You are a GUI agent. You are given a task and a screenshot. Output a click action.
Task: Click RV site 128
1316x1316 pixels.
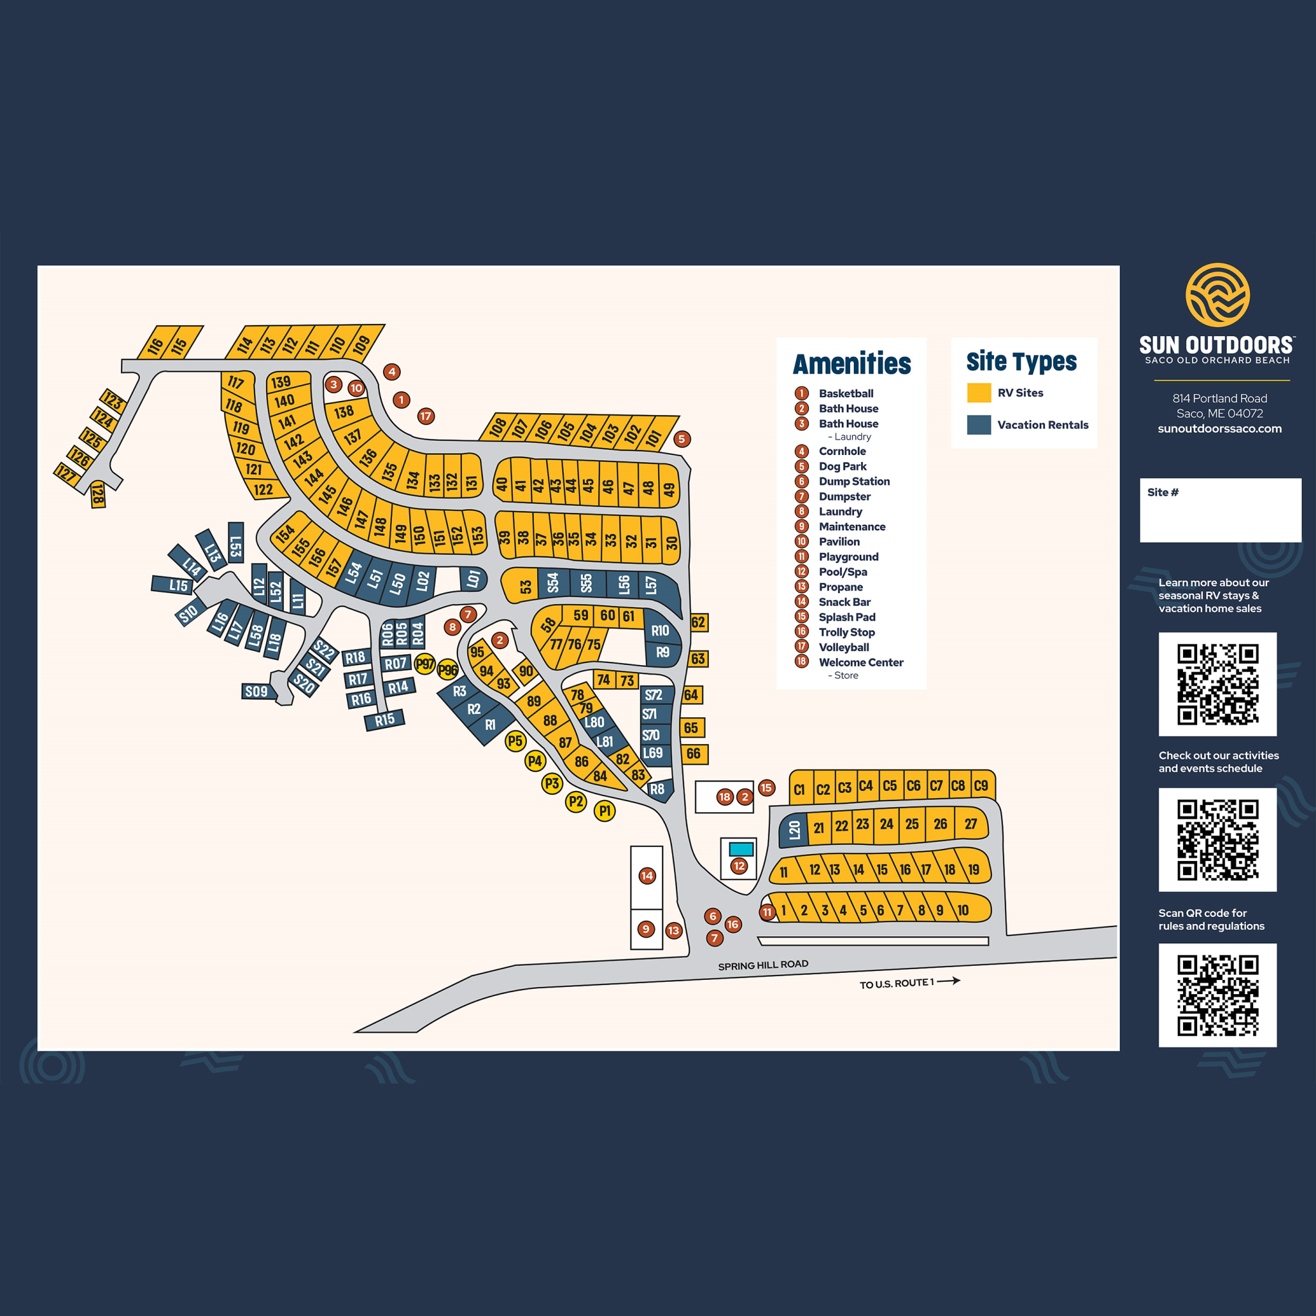pyautogui.click(x=98, y=495)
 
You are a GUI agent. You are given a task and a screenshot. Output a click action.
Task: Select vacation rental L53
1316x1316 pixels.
pyautogui.click(x=236, y=543)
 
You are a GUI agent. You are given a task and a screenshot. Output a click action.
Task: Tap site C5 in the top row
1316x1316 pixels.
pyautogui.click(x=889, y=786)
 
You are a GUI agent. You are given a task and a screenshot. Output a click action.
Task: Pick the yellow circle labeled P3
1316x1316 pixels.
pyautogui.click(x=552, y=783)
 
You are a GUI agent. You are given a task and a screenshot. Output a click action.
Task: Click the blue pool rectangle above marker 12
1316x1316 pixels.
pyautogui.click(x=741, y=849)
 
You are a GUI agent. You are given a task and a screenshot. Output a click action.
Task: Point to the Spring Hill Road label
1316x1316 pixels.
pyautogui.click(x=763, y=965)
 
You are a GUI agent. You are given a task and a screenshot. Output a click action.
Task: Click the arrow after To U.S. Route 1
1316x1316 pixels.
pyautogui.click(x=949, y=981)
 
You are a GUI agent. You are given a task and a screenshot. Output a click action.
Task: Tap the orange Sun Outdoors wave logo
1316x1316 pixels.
pyautogui.click(x=1217, y=295)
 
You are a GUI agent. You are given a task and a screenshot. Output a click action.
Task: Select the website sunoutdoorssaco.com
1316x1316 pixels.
pyautogui.click(x=1219, y=429)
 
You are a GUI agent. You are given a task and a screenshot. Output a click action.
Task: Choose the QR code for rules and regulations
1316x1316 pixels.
pyautogui.click(x=1217, y=995)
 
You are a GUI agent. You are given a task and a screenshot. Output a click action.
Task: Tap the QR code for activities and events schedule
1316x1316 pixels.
pyautogui.click(x=1217, y=839)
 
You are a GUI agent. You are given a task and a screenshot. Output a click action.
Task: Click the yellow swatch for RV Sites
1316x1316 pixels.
pyautogui.click(x=979, y=393)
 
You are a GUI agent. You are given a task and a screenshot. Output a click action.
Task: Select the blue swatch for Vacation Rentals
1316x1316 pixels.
pyautogui.click(x=979, y=425)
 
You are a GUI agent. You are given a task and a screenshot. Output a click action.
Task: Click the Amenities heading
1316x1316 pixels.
pyautogui.click(x=851, y=364)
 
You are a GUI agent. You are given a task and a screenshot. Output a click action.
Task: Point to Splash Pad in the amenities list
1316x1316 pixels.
pyautogui.click(x=847, y=617)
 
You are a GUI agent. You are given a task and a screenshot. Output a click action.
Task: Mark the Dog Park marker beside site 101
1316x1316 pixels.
pyautogui.click(x=682, y=440)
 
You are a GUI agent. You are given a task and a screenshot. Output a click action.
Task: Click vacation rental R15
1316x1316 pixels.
pyautogui.click(x=385, y=719)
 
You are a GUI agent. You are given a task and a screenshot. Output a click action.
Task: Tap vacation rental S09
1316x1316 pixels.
pyautogui.click(x=256, y=691)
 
